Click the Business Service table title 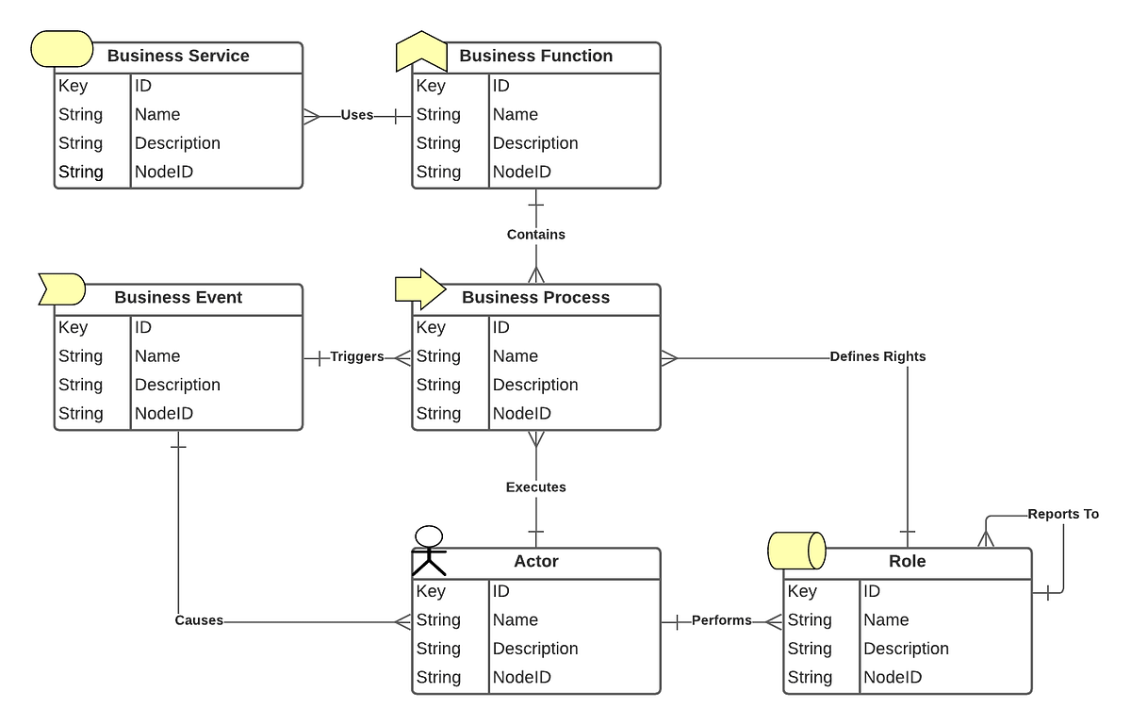(178, 56)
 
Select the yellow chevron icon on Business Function (419, 51)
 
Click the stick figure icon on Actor (429, 550)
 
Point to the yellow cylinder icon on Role (796, 551)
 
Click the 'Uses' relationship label (356, 115)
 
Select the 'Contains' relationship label (535, 234)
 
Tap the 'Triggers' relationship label (356, 356)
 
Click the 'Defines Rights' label (877, 356)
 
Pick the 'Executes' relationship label (535, 487)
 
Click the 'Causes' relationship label (199, 620)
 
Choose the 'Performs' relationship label (721, 620)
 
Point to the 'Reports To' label (1063, 514)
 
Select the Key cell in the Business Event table (74, 327)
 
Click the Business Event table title (178, 297)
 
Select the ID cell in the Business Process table (501, 327)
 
